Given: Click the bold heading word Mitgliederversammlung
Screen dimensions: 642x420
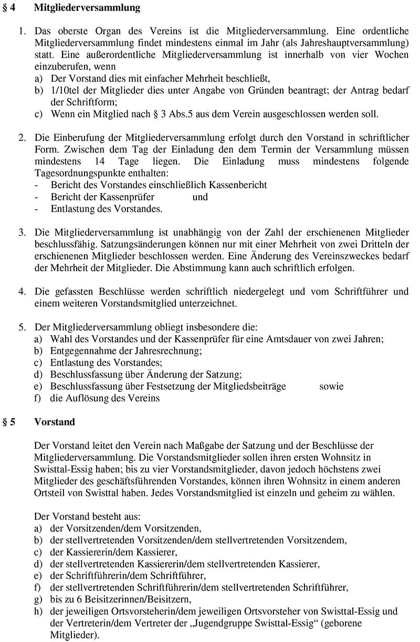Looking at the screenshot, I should pyautogui.click(x=88, y=8).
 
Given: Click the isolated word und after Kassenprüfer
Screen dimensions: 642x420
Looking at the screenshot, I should pyautogui.click(x=200, y=197).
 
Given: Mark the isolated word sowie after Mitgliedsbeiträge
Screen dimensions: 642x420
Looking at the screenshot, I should pyautogui.click(x=331, y=386).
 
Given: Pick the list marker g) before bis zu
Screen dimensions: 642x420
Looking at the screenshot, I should pyautogui.click(x=38, y=600).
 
